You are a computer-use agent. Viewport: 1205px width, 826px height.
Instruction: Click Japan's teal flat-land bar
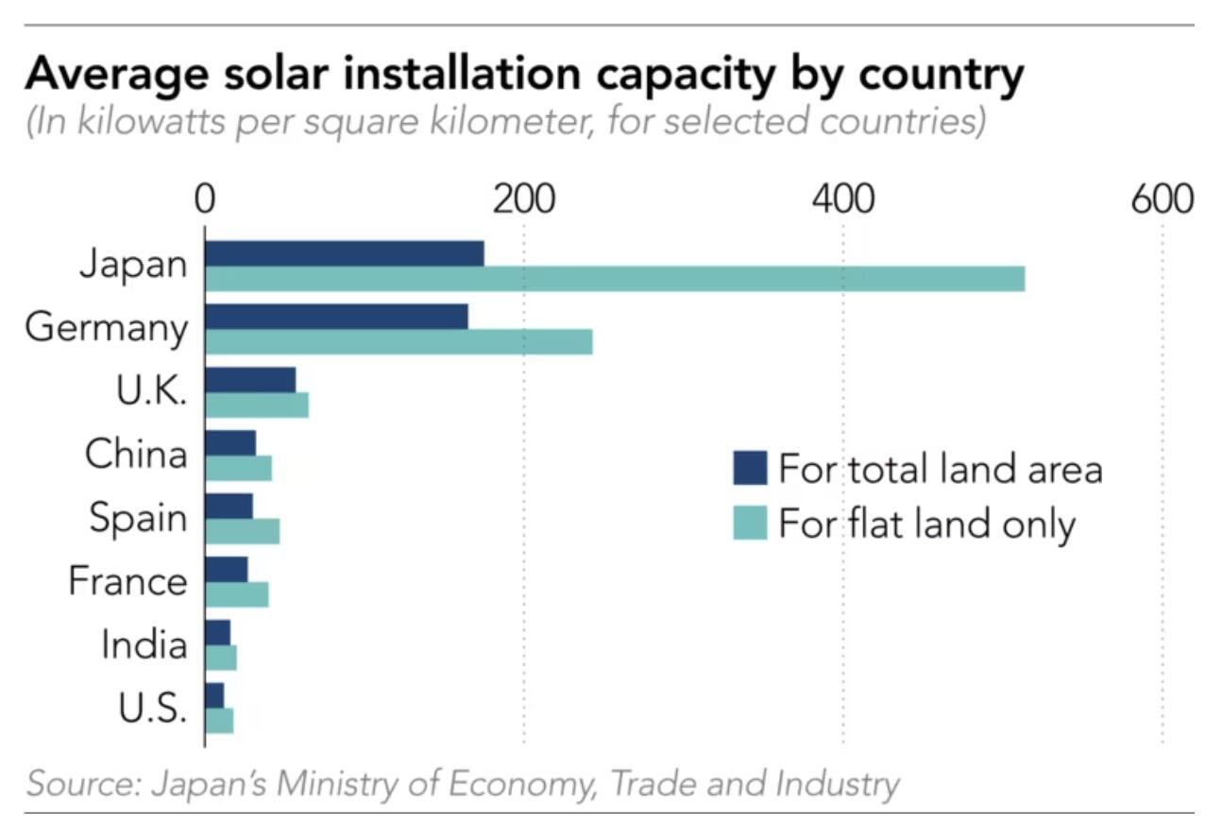614,279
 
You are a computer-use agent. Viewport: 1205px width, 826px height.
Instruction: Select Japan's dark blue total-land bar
344,253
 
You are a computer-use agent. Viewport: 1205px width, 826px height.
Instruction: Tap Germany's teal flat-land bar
399,341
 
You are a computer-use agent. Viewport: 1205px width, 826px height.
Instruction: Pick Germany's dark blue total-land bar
336,317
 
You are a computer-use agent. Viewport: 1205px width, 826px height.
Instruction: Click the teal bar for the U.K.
257,404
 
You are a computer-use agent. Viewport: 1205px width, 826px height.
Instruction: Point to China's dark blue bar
230,442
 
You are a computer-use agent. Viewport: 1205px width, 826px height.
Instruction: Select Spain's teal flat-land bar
243,531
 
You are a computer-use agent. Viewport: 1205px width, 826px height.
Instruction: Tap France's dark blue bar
227,569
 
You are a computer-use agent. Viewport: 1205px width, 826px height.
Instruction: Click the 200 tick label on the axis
522,200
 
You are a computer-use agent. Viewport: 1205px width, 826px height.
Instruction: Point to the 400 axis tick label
842,200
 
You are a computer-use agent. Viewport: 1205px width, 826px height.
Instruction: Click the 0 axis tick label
205,200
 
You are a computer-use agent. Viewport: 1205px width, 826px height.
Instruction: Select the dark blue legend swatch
750,468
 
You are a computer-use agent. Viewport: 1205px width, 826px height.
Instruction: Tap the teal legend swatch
750,523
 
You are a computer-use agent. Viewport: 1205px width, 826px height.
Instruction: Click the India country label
144,645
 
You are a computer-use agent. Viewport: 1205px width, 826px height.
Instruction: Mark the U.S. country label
152,708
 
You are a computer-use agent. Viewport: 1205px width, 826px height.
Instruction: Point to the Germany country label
107,328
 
